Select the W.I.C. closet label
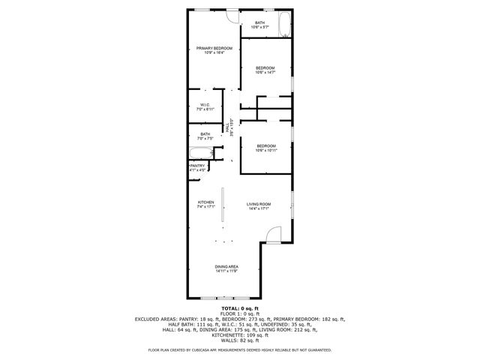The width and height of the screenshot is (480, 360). [x=204, y=104]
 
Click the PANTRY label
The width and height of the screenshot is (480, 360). [x=197, y=166]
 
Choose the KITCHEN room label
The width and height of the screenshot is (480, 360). [x=206, y=202]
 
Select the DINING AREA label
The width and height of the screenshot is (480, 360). [x=226, y=266]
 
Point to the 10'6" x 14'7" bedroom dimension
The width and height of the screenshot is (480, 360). [x=265, y=73]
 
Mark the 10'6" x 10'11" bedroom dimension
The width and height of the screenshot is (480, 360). [x=265, y=151]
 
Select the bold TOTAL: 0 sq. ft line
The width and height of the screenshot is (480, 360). [x=239, y=308]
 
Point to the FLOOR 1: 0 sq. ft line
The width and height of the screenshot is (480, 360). [x=239, y=313]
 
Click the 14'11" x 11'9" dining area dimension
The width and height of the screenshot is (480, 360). [x=226, y=271]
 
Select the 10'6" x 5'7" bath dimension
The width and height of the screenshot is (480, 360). [x=259, y=28]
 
